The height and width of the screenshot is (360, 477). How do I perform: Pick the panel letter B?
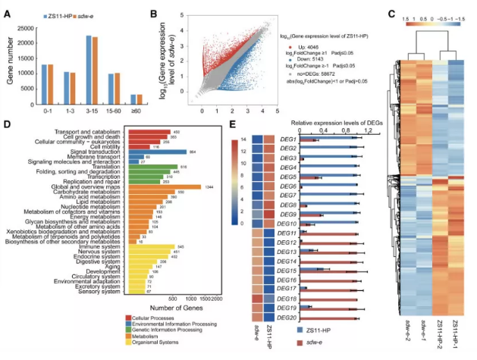155,11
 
